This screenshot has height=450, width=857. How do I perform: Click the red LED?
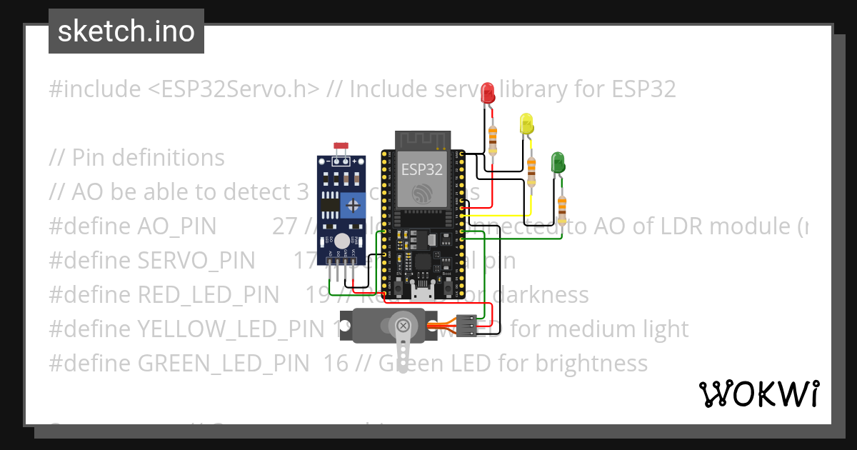coord(488,92)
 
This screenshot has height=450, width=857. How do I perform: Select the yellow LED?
coord(527,124)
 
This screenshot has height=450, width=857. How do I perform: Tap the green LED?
coord(558,162)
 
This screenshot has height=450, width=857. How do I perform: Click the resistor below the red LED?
coord(493,140)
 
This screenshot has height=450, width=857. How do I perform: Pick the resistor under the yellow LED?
coord(531,171)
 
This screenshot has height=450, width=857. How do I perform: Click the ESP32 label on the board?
coord(421,169)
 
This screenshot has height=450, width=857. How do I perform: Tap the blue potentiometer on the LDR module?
coord(352,206)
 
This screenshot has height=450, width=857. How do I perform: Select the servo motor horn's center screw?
coord(404,327)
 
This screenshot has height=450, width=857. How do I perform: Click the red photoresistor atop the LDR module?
coord(340,147)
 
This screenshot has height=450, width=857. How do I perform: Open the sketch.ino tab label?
coord(126,31)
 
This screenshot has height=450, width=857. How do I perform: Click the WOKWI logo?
coord(758,394)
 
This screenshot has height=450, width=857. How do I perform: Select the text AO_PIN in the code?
coord(176,226)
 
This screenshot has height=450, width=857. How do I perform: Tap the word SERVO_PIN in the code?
coord(196,261)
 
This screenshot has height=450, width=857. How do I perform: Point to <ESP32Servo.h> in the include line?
coord(234,89)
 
